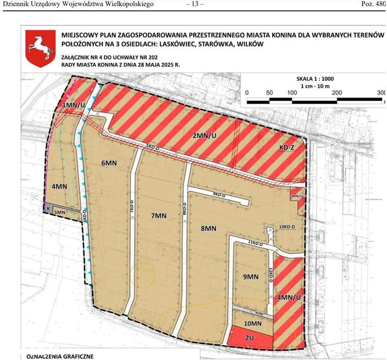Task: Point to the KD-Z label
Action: click(x=287, y=147)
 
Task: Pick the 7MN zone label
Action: click(x=160, y=217)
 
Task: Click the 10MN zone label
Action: click(x=253, y=323)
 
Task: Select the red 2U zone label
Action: click(x=250, y=337)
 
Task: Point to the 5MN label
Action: click(x=60, y=212)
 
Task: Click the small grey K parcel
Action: click(x=48, y=208)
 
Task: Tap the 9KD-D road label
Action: click(x=220, y=194)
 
